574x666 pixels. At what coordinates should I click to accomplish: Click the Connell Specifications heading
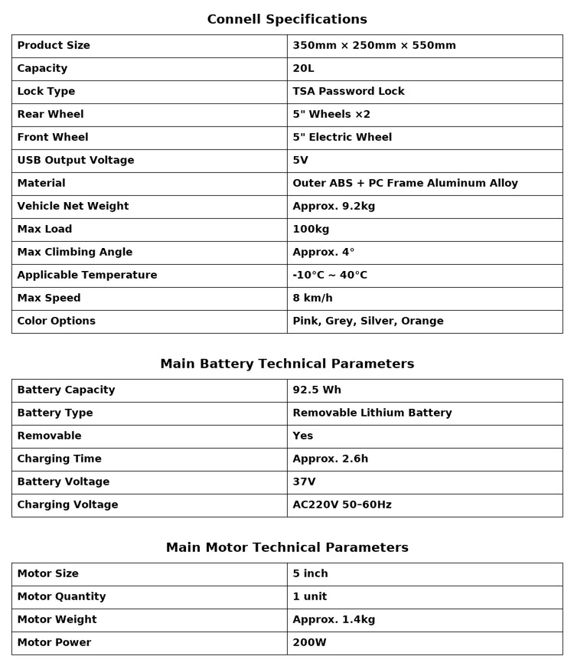point(287,19)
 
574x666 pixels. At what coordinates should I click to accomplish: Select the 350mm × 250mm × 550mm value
point(374,46)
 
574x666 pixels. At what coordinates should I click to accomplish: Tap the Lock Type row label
point(46,92)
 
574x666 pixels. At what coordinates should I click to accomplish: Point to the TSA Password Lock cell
point(348,92)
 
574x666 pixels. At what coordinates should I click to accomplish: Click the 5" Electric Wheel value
point(342,138)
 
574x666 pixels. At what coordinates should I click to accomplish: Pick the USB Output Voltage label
point(76,161)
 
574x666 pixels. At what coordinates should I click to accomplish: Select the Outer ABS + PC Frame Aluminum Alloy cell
point(405,184)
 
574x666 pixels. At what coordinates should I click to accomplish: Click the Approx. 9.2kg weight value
point(334,207)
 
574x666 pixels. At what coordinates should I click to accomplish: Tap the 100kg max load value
point(311,230)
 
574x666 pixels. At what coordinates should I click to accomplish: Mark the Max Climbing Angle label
point(75,253)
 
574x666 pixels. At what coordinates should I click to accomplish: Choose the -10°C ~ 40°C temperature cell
point(330,276)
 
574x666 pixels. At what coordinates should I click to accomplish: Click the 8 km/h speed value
point(312,299)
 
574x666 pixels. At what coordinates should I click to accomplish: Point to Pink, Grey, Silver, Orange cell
point(368,322)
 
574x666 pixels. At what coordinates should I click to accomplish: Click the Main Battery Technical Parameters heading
point(287,364)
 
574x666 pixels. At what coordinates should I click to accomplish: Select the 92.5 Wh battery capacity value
point(317,390)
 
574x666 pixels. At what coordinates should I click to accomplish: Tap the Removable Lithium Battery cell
point(372,413)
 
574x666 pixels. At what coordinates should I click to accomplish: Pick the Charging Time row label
point(59,459)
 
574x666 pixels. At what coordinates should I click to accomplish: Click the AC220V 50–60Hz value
point(342,505)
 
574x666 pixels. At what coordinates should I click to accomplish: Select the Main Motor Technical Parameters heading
point(287,547)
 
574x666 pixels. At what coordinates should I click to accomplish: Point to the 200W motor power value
point(309,643)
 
